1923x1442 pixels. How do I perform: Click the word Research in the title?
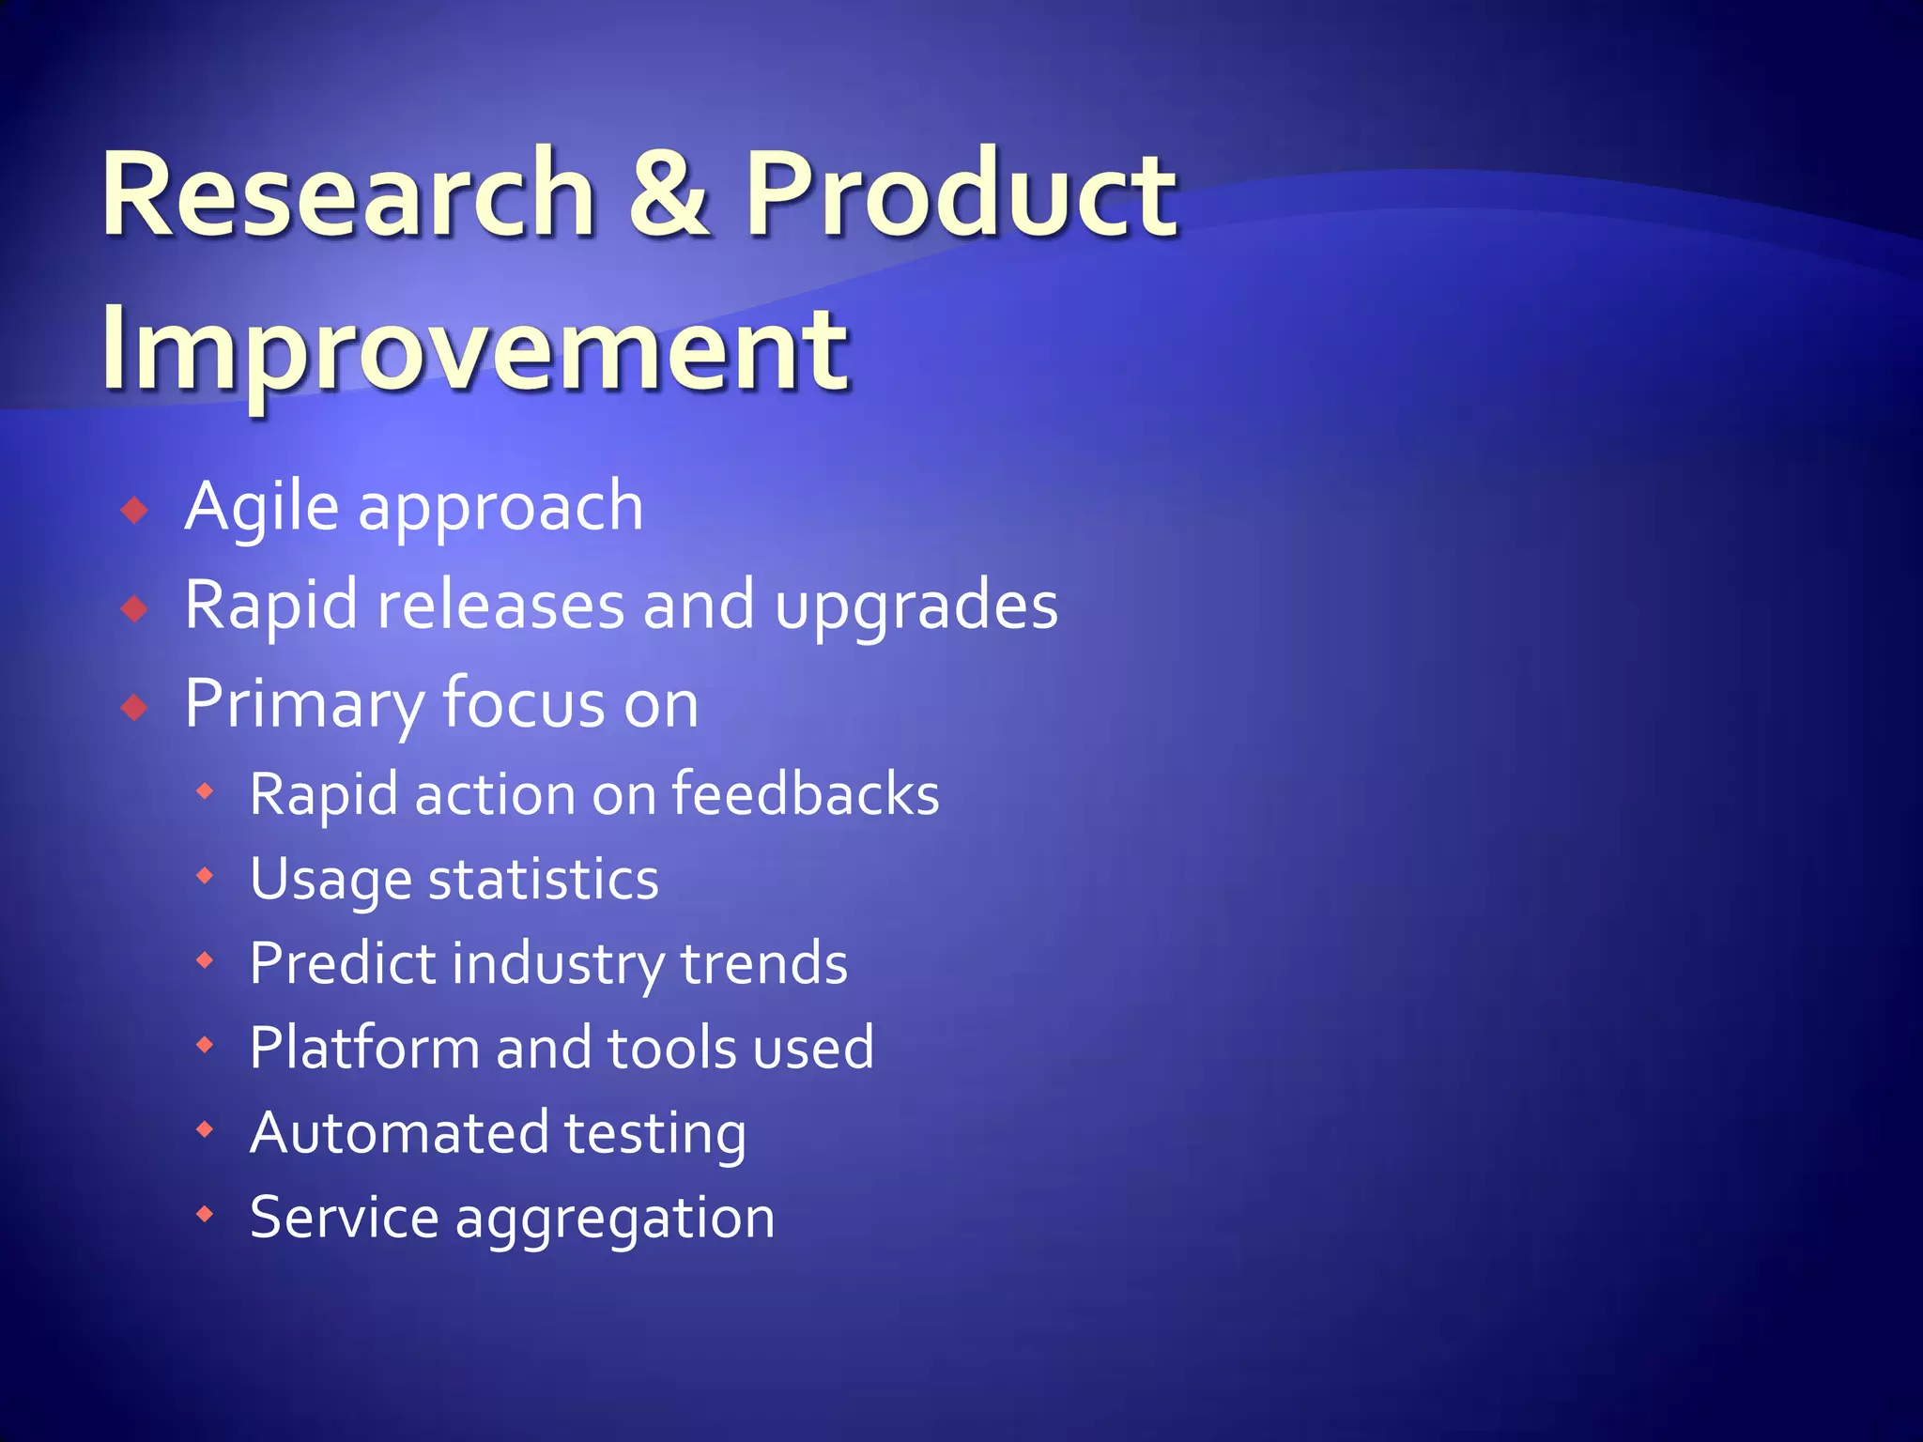348,194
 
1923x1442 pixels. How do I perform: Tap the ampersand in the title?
669,194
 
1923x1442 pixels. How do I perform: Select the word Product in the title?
960,194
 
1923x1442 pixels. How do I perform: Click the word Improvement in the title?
475,349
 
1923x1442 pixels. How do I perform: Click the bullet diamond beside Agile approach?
135,511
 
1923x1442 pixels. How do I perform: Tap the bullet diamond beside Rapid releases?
135,609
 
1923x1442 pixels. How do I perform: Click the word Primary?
304,705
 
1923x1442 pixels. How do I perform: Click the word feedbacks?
805,794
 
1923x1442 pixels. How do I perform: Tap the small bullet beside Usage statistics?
205,877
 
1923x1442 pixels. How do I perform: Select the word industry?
558,965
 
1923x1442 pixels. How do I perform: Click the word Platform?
364,1048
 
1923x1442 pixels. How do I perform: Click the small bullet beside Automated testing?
205,1130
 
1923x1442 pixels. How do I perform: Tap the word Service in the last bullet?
344,1217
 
